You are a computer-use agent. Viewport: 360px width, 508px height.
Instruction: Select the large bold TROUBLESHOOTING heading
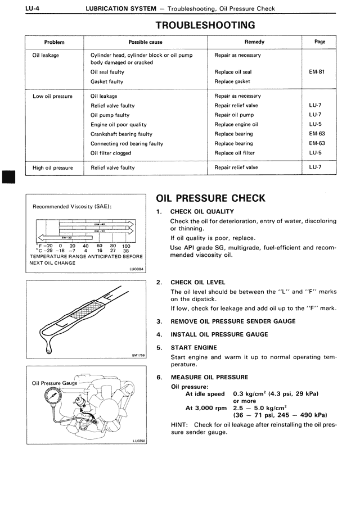coord(205,25)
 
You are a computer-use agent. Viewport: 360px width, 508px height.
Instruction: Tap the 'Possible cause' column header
coord(145,42)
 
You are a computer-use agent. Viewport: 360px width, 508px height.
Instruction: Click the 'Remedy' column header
coord(254,42)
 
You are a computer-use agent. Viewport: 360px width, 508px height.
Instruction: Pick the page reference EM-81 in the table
coord(317,72)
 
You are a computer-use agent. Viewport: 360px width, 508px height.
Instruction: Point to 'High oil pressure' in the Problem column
coord(53,167)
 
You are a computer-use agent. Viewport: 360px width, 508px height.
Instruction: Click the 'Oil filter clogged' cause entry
coord(111,153)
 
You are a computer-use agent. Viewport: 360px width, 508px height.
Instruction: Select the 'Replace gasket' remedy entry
coord(232,81)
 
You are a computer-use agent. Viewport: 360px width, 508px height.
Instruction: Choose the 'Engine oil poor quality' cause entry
coord(119,124)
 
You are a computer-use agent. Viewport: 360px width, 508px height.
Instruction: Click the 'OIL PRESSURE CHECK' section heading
coord(210,198)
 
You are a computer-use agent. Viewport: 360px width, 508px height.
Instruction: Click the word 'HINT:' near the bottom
coord(181,424)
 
